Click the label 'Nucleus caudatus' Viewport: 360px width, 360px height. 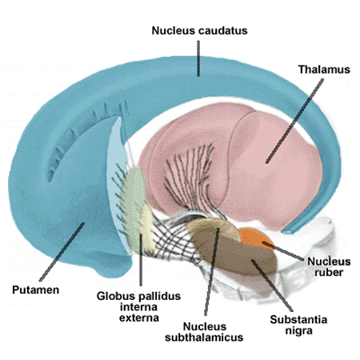point(199,30)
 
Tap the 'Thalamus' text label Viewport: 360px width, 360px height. point(324,70)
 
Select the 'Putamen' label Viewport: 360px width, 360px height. point(36,290)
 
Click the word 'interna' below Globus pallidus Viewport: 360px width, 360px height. point(138,307)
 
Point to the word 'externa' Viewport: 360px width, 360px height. point(139,318)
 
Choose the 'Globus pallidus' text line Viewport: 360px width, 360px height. point(138,296)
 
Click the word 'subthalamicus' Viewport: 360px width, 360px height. point(204,338)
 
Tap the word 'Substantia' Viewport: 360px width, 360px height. point(298,319)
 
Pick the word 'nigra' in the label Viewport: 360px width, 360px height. point(298,331)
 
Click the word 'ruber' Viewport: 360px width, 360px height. point(329,273)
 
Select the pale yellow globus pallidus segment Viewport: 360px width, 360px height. point(146,226)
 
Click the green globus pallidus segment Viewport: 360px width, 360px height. point(134,202)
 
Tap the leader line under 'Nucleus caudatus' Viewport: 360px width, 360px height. point(198,58)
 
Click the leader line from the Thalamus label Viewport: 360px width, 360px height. point(294,121)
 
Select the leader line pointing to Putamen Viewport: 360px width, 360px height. point(62,252)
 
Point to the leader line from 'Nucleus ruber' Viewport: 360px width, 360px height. point(282,251)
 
